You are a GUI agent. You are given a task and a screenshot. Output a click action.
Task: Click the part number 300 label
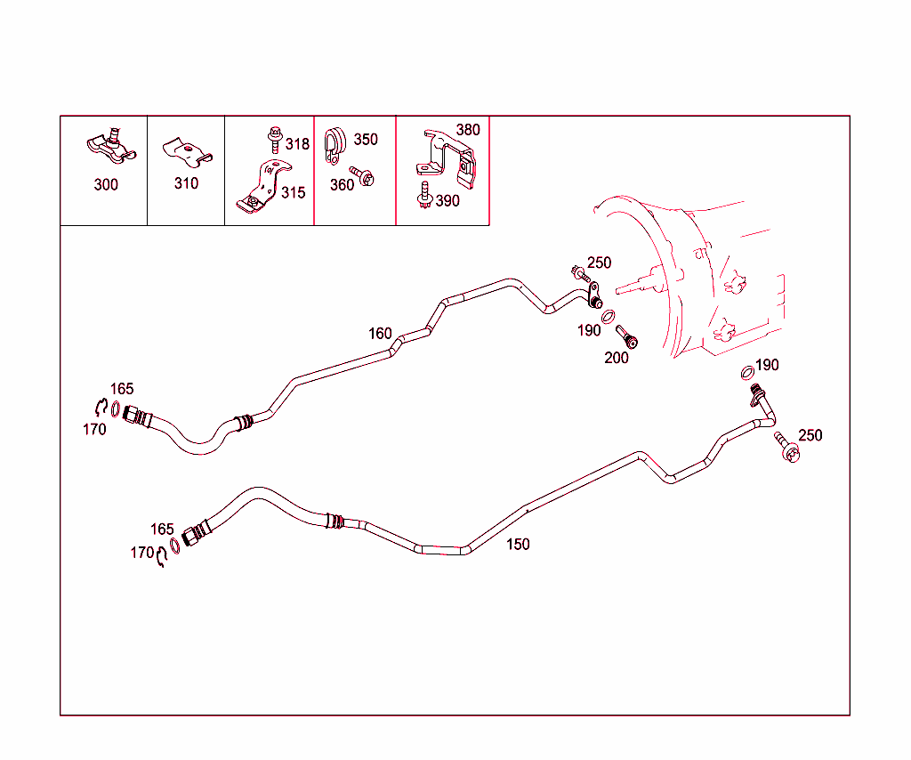[106, 185]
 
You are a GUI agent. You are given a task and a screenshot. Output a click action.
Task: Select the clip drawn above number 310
[187, 151]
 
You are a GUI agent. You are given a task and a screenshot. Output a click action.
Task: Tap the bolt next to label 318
[275, 140]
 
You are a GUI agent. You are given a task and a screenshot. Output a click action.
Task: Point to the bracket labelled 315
[264, 186]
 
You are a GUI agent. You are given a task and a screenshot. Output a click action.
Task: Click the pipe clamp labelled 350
[335, 145]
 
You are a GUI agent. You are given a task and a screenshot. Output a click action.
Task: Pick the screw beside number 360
[362, 176]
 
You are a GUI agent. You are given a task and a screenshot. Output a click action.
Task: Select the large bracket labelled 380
[447, 158]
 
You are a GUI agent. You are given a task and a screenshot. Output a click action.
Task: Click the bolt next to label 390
[424, 195]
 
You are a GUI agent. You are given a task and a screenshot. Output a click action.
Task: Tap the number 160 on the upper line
[380, 334]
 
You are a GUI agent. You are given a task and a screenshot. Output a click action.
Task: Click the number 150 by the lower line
[518, 545]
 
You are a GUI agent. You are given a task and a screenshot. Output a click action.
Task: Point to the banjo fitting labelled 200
[626, 336]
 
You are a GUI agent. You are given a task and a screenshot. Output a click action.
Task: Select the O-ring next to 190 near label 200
[609, 317]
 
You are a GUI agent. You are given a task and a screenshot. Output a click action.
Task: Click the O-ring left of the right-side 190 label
[747, 373]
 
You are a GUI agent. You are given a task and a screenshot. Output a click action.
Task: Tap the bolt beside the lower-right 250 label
[787, 447]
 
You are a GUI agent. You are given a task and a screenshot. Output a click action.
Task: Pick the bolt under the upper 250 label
[580, 273]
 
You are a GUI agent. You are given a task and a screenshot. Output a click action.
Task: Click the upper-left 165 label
[122, 389]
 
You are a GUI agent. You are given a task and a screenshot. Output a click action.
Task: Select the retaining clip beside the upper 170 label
[101, 407]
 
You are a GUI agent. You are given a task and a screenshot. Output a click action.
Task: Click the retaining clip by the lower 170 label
[162, 557]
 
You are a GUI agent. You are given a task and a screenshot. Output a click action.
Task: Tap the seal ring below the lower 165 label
[175, 546]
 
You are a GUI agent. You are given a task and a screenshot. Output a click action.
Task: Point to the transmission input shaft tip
[617, 288]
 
